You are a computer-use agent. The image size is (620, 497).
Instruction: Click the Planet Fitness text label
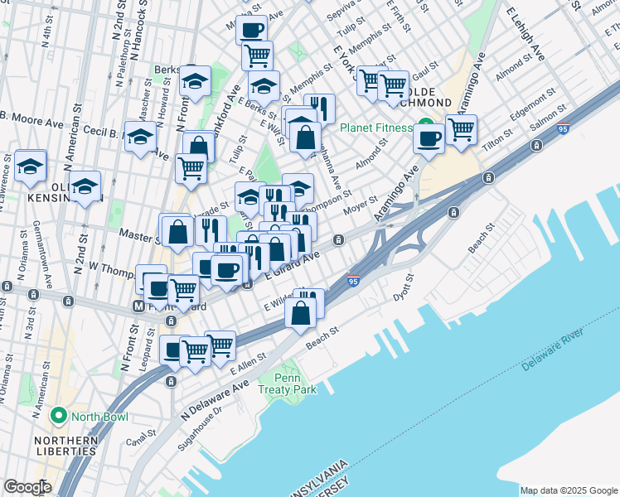pos(375,128)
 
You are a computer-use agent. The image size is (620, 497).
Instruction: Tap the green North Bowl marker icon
pos(58,415)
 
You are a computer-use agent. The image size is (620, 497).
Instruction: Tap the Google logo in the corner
pos(27,486)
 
